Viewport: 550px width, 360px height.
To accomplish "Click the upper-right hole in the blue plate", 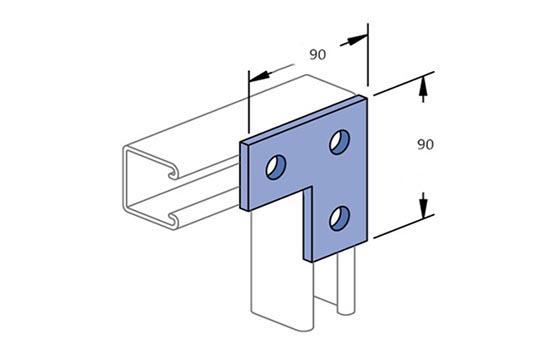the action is click(x=340, y=142).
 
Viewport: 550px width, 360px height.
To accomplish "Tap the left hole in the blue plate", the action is click(x=276, y=167).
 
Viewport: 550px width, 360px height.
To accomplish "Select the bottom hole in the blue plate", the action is click(x=340, y=218).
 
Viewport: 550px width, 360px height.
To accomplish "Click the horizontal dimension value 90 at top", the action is click(x=317, y=54).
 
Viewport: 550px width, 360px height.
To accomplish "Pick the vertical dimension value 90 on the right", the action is click(x=425, y=144).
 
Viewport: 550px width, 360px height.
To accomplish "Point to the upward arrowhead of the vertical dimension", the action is click(x=423, y=86).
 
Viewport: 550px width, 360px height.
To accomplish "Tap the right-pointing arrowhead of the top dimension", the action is click(x=357, y=39).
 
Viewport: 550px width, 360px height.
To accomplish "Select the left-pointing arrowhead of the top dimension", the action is click(x=259, y=76).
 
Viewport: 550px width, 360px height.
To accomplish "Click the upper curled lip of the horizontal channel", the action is click(x=173, y=173).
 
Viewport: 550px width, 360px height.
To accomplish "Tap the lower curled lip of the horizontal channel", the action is click(x=173, y=220).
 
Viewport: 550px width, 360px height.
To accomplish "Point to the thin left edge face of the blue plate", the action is click(x=244, y=176).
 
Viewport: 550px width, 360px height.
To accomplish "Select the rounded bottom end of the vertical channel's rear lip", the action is click(x=346, y=311).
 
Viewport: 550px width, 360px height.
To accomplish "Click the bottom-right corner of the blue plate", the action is click(x=367, y=241).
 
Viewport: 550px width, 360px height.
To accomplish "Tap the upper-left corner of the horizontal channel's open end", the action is click(x=126, y=147).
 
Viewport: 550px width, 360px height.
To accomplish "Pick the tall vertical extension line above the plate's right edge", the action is click(x=368, y=54).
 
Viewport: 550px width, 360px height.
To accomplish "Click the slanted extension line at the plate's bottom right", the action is click(x=404, y=226).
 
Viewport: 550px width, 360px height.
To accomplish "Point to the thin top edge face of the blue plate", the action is click(x=303, y=119).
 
